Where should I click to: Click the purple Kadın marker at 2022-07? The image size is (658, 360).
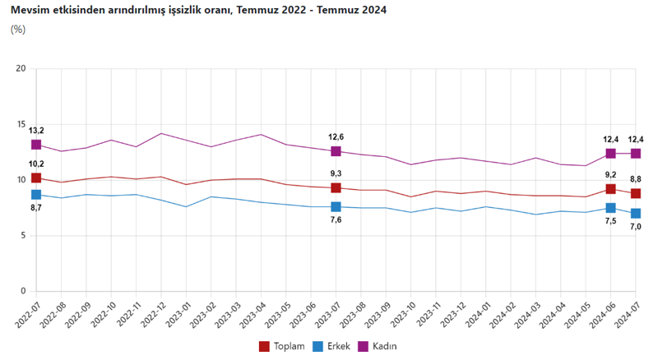[36, 145]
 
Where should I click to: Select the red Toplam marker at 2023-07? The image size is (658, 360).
[336, 188]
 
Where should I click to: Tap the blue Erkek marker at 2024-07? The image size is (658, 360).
[636, 214]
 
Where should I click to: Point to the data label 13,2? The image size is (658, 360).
[36, 131]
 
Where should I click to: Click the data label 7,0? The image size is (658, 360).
[636, 228]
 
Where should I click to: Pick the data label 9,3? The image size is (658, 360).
[336, 174]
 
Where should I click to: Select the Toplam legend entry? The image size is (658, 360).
[283, 346]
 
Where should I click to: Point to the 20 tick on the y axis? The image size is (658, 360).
[21, 68]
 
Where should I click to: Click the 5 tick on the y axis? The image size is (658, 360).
[23, 236]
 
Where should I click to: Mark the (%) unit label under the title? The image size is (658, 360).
[18, 30]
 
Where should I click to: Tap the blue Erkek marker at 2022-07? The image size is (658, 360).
[36, 195]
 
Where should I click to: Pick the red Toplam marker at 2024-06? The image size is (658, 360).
[610, 189]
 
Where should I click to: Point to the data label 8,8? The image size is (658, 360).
[636, 179]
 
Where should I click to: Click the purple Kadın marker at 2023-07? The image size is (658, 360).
[336, 151]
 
